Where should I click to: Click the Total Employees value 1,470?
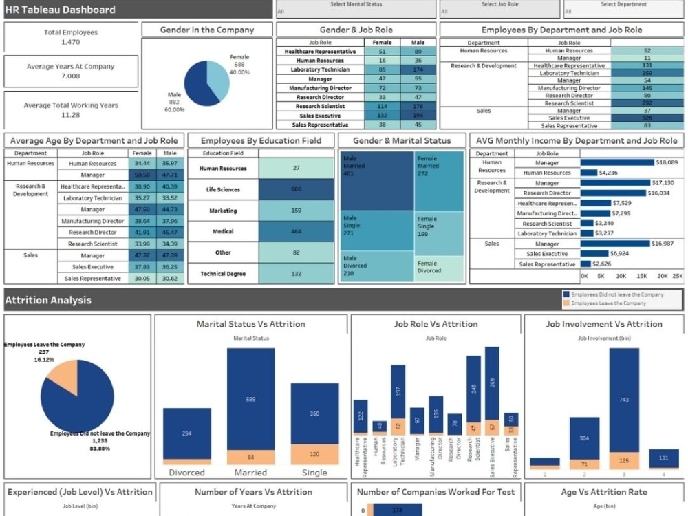70,42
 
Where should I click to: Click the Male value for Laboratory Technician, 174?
418,69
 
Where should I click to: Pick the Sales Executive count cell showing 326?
647,118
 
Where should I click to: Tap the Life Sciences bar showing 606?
296,189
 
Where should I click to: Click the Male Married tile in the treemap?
376,180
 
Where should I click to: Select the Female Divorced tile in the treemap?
439,268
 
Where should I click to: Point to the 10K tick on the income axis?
621,276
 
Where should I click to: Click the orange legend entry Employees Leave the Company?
608,303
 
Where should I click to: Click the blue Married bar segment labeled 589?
250,399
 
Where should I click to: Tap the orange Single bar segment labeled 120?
314,454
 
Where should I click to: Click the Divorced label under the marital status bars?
187,473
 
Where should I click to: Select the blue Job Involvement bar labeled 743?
624,399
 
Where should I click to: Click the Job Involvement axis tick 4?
663,474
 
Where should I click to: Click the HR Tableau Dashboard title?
61,10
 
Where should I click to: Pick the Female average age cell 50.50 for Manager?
142,175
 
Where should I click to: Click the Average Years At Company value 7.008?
70,76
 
